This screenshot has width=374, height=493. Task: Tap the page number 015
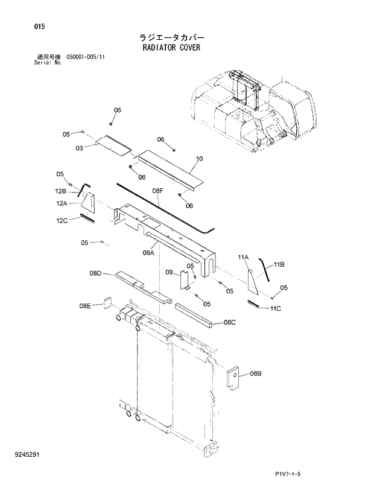(24, 27)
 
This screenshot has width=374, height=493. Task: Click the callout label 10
(199, 159)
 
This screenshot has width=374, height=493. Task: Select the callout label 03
(79, 148)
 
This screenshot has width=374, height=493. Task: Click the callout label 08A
(149, 253)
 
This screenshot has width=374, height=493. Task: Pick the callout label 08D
(95, 273)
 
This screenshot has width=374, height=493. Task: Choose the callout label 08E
(84, 306)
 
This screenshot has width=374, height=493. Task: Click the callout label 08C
(229, 322)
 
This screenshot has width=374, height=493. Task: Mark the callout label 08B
(255, 374)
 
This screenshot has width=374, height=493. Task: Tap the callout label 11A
(243, 258)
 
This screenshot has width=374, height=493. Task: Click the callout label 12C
(62, 221)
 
